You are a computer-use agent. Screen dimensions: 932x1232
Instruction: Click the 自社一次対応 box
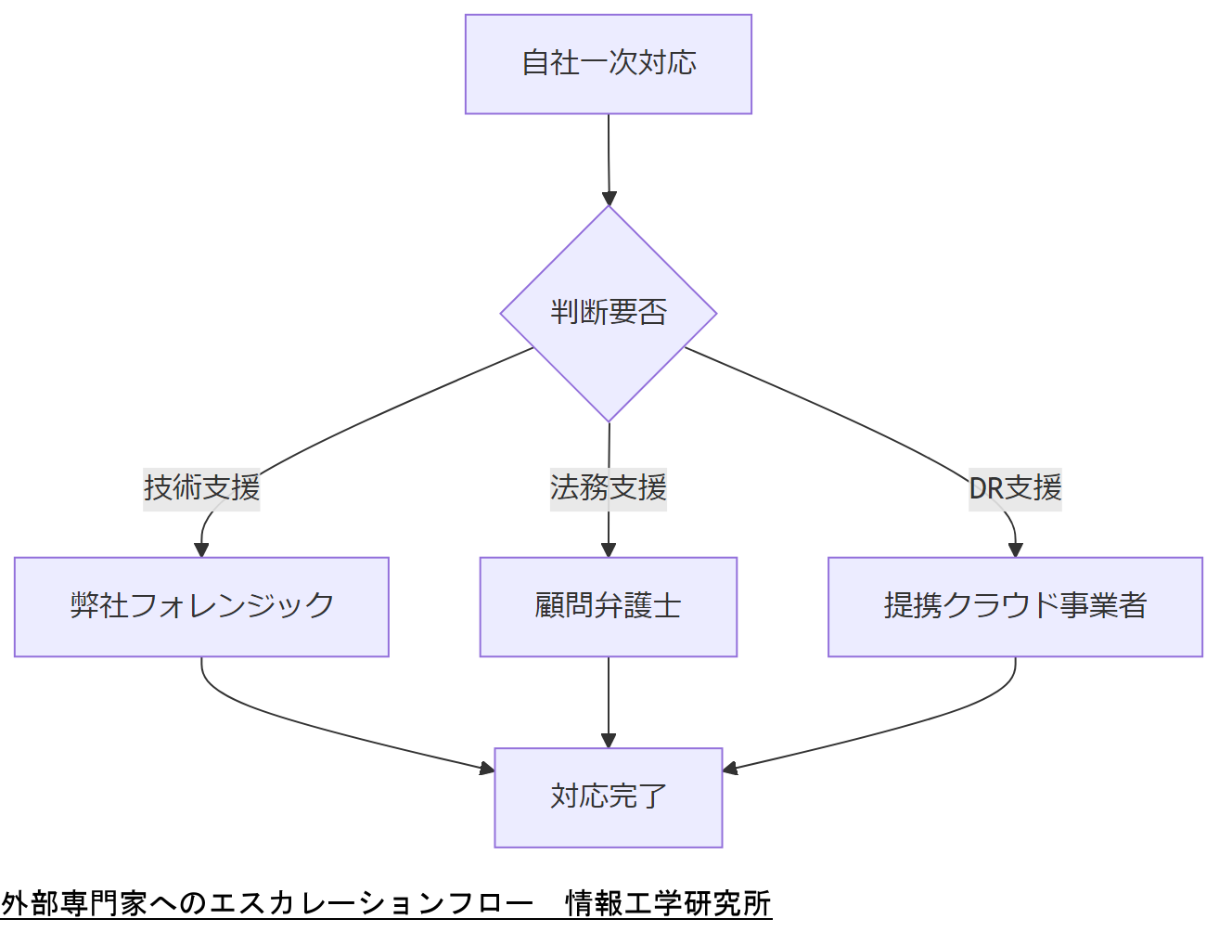pos(609,64)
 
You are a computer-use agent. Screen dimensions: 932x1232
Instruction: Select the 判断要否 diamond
pos(609,313)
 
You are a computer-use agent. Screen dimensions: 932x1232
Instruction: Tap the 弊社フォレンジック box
pos(201,606)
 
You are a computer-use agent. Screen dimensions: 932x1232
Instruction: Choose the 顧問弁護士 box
pos(609,606)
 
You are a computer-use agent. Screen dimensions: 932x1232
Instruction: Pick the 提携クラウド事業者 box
pos(1015,606)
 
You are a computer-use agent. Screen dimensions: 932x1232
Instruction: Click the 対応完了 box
pos(609,797)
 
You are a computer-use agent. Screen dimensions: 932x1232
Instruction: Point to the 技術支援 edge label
pos(201,487)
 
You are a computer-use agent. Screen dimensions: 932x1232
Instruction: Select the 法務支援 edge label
pos(609,487)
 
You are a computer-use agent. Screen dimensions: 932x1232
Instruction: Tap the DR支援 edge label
pos(1015,487)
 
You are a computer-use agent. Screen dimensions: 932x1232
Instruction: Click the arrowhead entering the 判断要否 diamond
pos(610,198)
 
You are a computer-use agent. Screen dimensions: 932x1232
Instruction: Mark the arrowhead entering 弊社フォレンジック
pos(201,550)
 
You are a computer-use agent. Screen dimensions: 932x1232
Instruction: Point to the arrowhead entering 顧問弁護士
pos(609,550)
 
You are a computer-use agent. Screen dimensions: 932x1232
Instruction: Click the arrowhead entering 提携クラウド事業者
pos(1015,550)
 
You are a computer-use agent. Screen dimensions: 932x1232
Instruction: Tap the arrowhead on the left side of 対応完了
pos(486,768)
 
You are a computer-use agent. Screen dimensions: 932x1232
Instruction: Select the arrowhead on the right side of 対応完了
pos(731,768)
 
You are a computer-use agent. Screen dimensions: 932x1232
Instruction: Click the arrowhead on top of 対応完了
pos(609,740)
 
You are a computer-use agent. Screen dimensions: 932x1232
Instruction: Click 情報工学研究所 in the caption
pos(668,903)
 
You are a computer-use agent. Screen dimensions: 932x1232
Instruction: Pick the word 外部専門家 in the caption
pos(74,903)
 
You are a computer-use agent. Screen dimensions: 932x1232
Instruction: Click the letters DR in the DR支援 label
pos(986,487)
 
